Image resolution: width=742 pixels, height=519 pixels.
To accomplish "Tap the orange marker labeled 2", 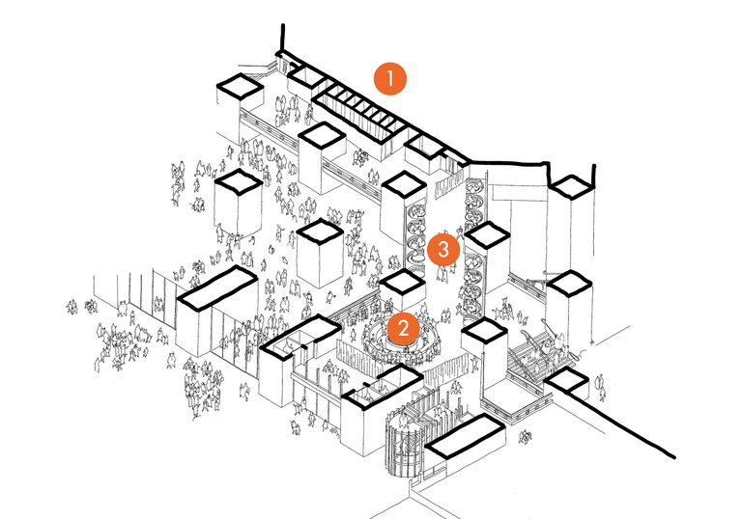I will pos(402,329).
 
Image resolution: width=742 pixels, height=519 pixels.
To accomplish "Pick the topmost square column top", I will pos(239,89).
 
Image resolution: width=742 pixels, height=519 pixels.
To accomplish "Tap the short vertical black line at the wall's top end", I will pos(281,39).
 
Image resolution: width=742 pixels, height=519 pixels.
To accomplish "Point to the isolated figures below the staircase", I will pos(528,436).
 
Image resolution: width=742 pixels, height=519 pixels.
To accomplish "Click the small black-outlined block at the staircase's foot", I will pos(567,381).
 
